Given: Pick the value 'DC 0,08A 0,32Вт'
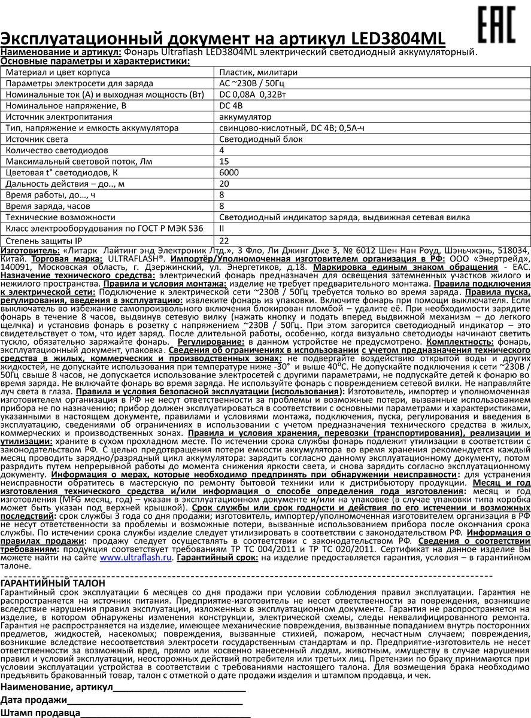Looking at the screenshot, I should click(254, 95).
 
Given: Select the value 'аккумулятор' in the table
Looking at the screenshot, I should click(245, 117).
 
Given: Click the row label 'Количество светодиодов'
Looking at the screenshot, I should click(57, 150).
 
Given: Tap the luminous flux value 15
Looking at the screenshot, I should click(224, 162).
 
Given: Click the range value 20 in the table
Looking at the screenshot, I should click(224, 184).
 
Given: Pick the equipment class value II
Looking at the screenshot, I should click(223, 229).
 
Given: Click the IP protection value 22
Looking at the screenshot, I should click(224, 240).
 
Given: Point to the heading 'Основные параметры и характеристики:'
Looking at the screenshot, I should click(95, 61).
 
